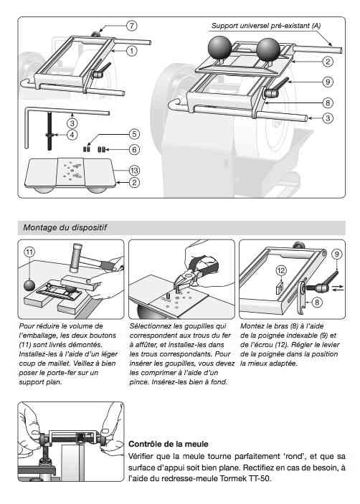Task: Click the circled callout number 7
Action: tap(132, 25)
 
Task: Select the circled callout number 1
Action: tap(132, 51)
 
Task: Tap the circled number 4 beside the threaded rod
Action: tap(72, 135)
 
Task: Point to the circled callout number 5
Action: tap(134, 134)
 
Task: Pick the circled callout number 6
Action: tap(134, 149)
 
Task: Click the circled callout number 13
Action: tap(134, 171)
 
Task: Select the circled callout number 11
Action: tap(29, 252)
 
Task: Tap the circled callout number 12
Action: tap(281, 271)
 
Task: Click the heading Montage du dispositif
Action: tap(65, 227)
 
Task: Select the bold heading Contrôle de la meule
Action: tap(169, 444)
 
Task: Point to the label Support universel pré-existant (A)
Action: tap(266, 26)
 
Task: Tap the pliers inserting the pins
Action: tap(196, 268)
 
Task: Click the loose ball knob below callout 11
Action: tap(29, 285)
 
